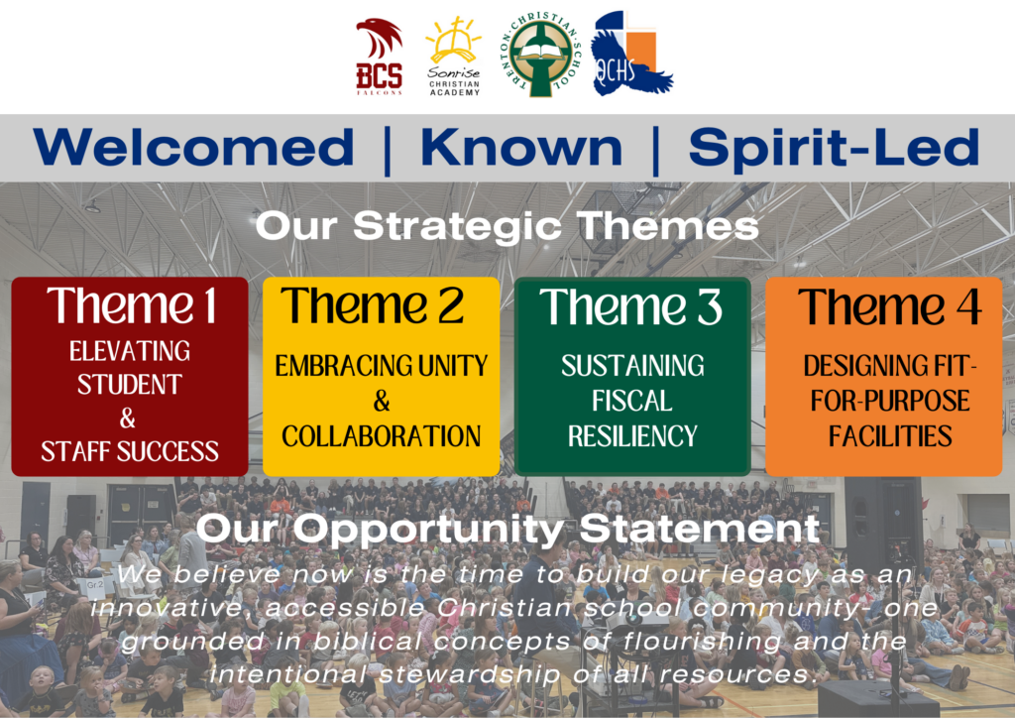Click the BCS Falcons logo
tap(380, 57)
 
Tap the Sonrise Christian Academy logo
tap(454, 57)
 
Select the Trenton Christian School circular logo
tap(541, 56)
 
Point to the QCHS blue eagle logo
tap(631, 54)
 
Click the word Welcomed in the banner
tap(193, 147)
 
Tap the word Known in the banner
tap(521, 147)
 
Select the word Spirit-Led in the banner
tap(834, 149)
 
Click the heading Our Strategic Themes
tap(507, 226)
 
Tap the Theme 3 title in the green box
tap(631, 306)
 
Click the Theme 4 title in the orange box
tap(889, 306)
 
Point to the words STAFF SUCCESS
tap(130, 451)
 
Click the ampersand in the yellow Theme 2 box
tap(382, 401)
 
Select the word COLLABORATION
tap(382, 436)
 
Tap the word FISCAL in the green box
tap(631, 401)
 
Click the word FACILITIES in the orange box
tap(890, 435)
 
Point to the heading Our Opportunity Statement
tap(508, 529)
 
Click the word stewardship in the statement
tap(470, 674)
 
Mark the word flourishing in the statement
tap(703, 642)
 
